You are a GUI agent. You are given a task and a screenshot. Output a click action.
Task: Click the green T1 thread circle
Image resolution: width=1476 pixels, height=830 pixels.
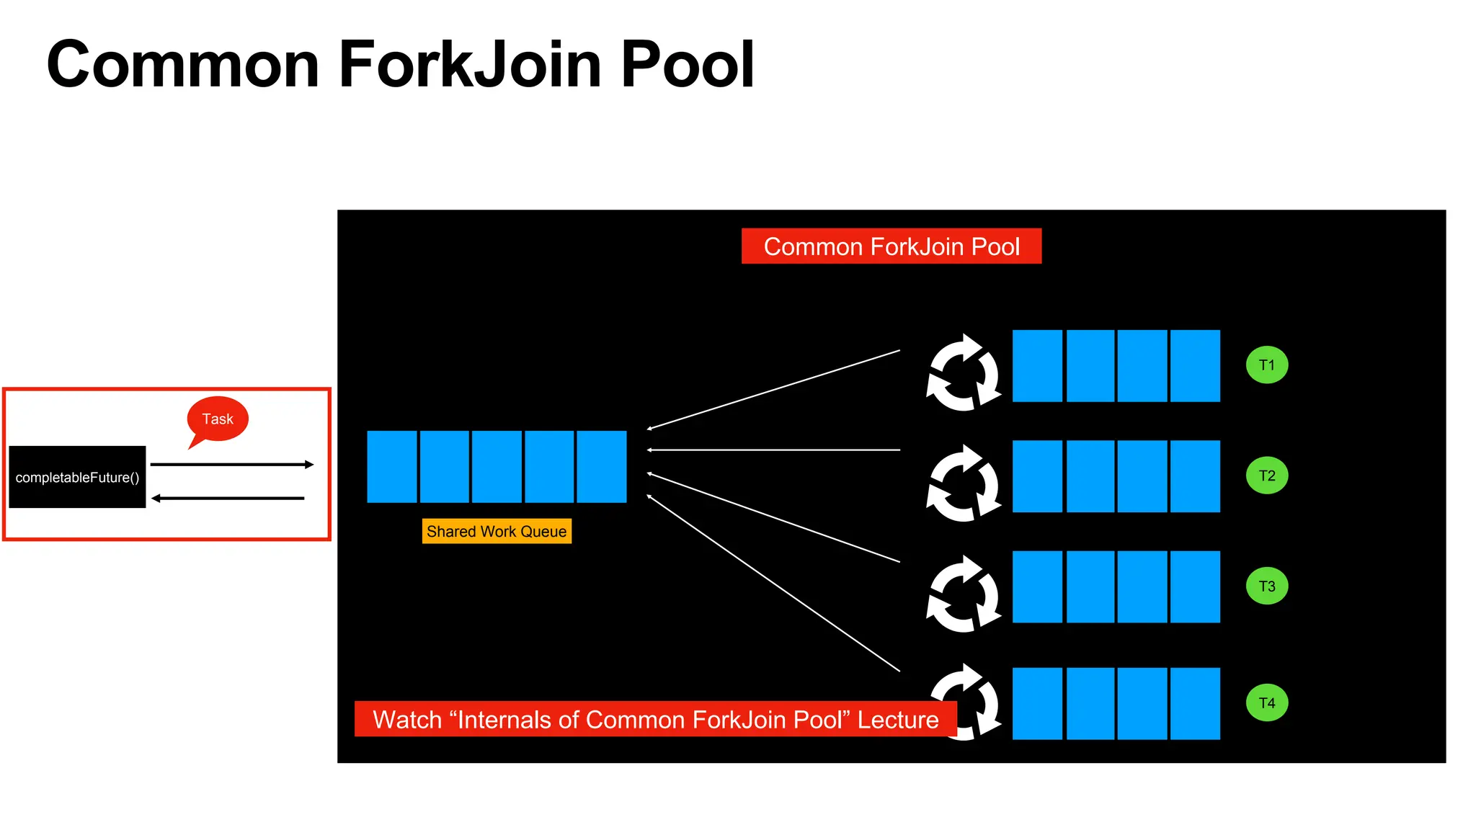coord(1266,365)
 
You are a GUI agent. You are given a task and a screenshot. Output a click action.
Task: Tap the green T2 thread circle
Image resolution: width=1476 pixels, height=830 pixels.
coord(1266,476)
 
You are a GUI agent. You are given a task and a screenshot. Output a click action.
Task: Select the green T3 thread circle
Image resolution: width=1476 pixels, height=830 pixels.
coord(1266,586)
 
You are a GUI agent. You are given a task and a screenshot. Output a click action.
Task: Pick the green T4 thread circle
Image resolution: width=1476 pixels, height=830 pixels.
coord(1266,703)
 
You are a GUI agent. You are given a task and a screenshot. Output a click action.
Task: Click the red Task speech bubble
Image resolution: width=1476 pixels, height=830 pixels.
coord(218,419)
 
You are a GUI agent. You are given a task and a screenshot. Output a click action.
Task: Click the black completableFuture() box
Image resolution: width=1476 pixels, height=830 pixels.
coord(77,477)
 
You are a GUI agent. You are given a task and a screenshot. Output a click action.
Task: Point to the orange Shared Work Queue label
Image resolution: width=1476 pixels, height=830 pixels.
coord(497,532)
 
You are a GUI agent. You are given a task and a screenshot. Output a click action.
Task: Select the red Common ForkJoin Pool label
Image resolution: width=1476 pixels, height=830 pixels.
coord(891,246)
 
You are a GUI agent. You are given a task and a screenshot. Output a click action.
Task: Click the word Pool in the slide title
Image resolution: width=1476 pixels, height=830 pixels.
coord(687,65)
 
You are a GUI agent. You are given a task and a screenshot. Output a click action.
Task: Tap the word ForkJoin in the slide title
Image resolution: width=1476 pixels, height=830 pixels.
coord(469,65)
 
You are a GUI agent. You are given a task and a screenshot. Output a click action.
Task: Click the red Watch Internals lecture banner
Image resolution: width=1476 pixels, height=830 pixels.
coord(655,719)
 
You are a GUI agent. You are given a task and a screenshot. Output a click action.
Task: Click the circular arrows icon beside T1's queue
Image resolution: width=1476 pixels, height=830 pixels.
coord(964,372)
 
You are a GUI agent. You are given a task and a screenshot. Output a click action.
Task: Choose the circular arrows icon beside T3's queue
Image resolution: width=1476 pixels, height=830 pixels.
coord(964,594)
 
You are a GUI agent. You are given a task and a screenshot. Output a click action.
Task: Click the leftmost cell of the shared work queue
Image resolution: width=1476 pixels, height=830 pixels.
coord(392,467)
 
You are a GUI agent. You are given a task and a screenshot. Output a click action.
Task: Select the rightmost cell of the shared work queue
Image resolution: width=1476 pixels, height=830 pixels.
coord(602,467)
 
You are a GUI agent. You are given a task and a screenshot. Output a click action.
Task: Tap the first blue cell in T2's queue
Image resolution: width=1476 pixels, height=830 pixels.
coord(1037,476)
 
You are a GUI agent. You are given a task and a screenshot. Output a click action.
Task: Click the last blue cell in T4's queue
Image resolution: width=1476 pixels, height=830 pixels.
coord(1195,703)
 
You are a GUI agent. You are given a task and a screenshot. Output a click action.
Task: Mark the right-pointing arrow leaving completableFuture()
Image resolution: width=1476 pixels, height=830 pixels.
coord(231,465)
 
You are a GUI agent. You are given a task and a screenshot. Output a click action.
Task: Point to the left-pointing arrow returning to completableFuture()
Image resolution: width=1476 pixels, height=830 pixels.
coord(228,498)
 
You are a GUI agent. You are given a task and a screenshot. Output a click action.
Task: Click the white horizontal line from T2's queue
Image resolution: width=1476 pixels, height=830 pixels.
coord(775,450)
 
